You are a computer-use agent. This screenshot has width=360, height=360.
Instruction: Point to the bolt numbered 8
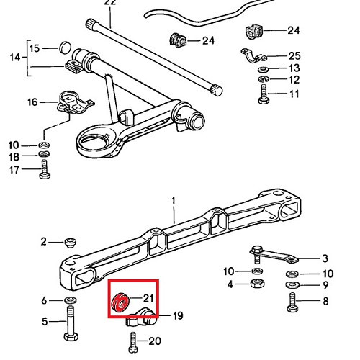click(293, 304)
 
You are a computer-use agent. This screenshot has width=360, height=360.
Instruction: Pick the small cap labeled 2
click(71, 242)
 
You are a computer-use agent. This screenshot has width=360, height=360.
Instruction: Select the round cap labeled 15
click(65, 48)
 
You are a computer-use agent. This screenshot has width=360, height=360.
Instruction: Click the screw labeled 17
click(44, 169)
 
